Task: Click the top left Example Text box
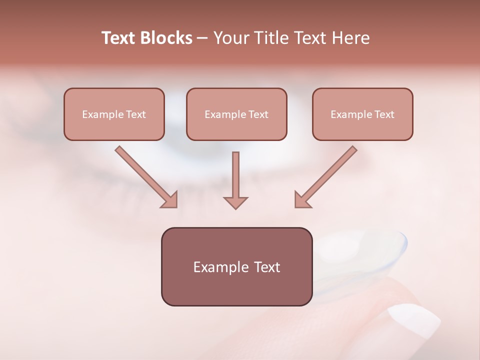114,114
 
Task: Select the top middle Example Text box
236,114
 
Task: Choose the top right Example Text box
362,114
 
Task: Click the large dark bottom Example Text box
236,267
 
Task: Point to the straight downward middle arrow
235,177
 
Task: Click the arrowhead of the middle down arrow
235,202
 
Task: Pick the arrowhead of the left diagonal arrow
170,200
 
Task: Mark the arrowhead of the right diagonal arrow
301,200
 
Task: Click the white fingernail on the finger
413,320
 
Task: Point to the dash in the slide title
202,38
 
